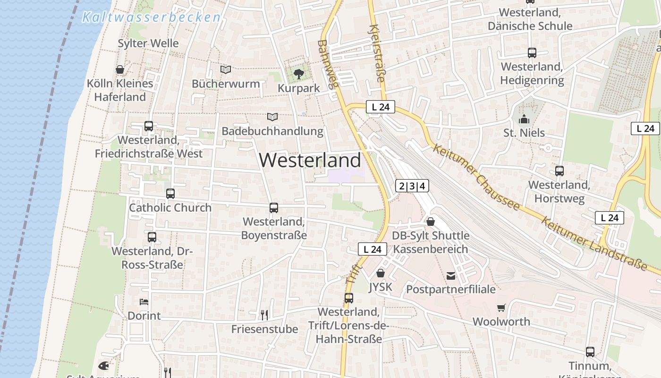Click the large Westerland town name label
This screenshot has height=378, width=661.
point(310,161)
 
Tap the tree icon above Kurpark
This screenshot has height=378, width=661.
point(298,74)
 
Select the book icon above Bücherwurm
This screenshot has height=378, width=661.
point(226,70)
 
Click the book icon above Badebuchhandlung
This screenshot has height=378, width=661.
point(272,117)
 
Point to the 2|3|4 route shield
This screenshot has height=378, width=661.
point(412,186)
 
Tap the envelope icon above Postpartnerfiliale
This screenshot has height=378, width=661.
point(451,275)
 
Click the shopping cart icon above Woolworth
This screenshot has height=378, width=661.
point(501,308)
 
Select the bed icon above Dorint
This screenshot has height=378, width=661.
point(144,301)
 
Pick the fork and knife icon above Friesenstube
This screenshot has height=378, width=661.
point(264,315)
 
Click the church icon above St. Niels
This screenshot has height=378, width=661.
point(524,119)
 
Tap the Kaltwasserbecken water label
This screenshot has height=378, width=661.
point(151,18)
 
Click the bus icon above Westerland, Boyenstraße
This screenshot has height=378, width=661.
point(273,207)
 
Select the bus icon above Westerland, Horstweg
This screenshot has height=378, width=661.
point(559,171)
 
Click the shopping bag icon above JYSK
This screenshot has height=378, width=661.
point(381,273)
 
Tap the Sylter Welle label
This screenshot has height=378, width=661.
point(148,43)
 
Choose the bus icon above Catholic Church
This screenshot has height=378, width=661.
point(170,194)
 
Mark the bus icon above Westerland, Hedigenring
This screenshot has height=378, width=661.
point(532,52)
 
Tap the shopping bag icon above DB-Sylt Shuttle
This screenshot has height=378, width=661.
point(431,221)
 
